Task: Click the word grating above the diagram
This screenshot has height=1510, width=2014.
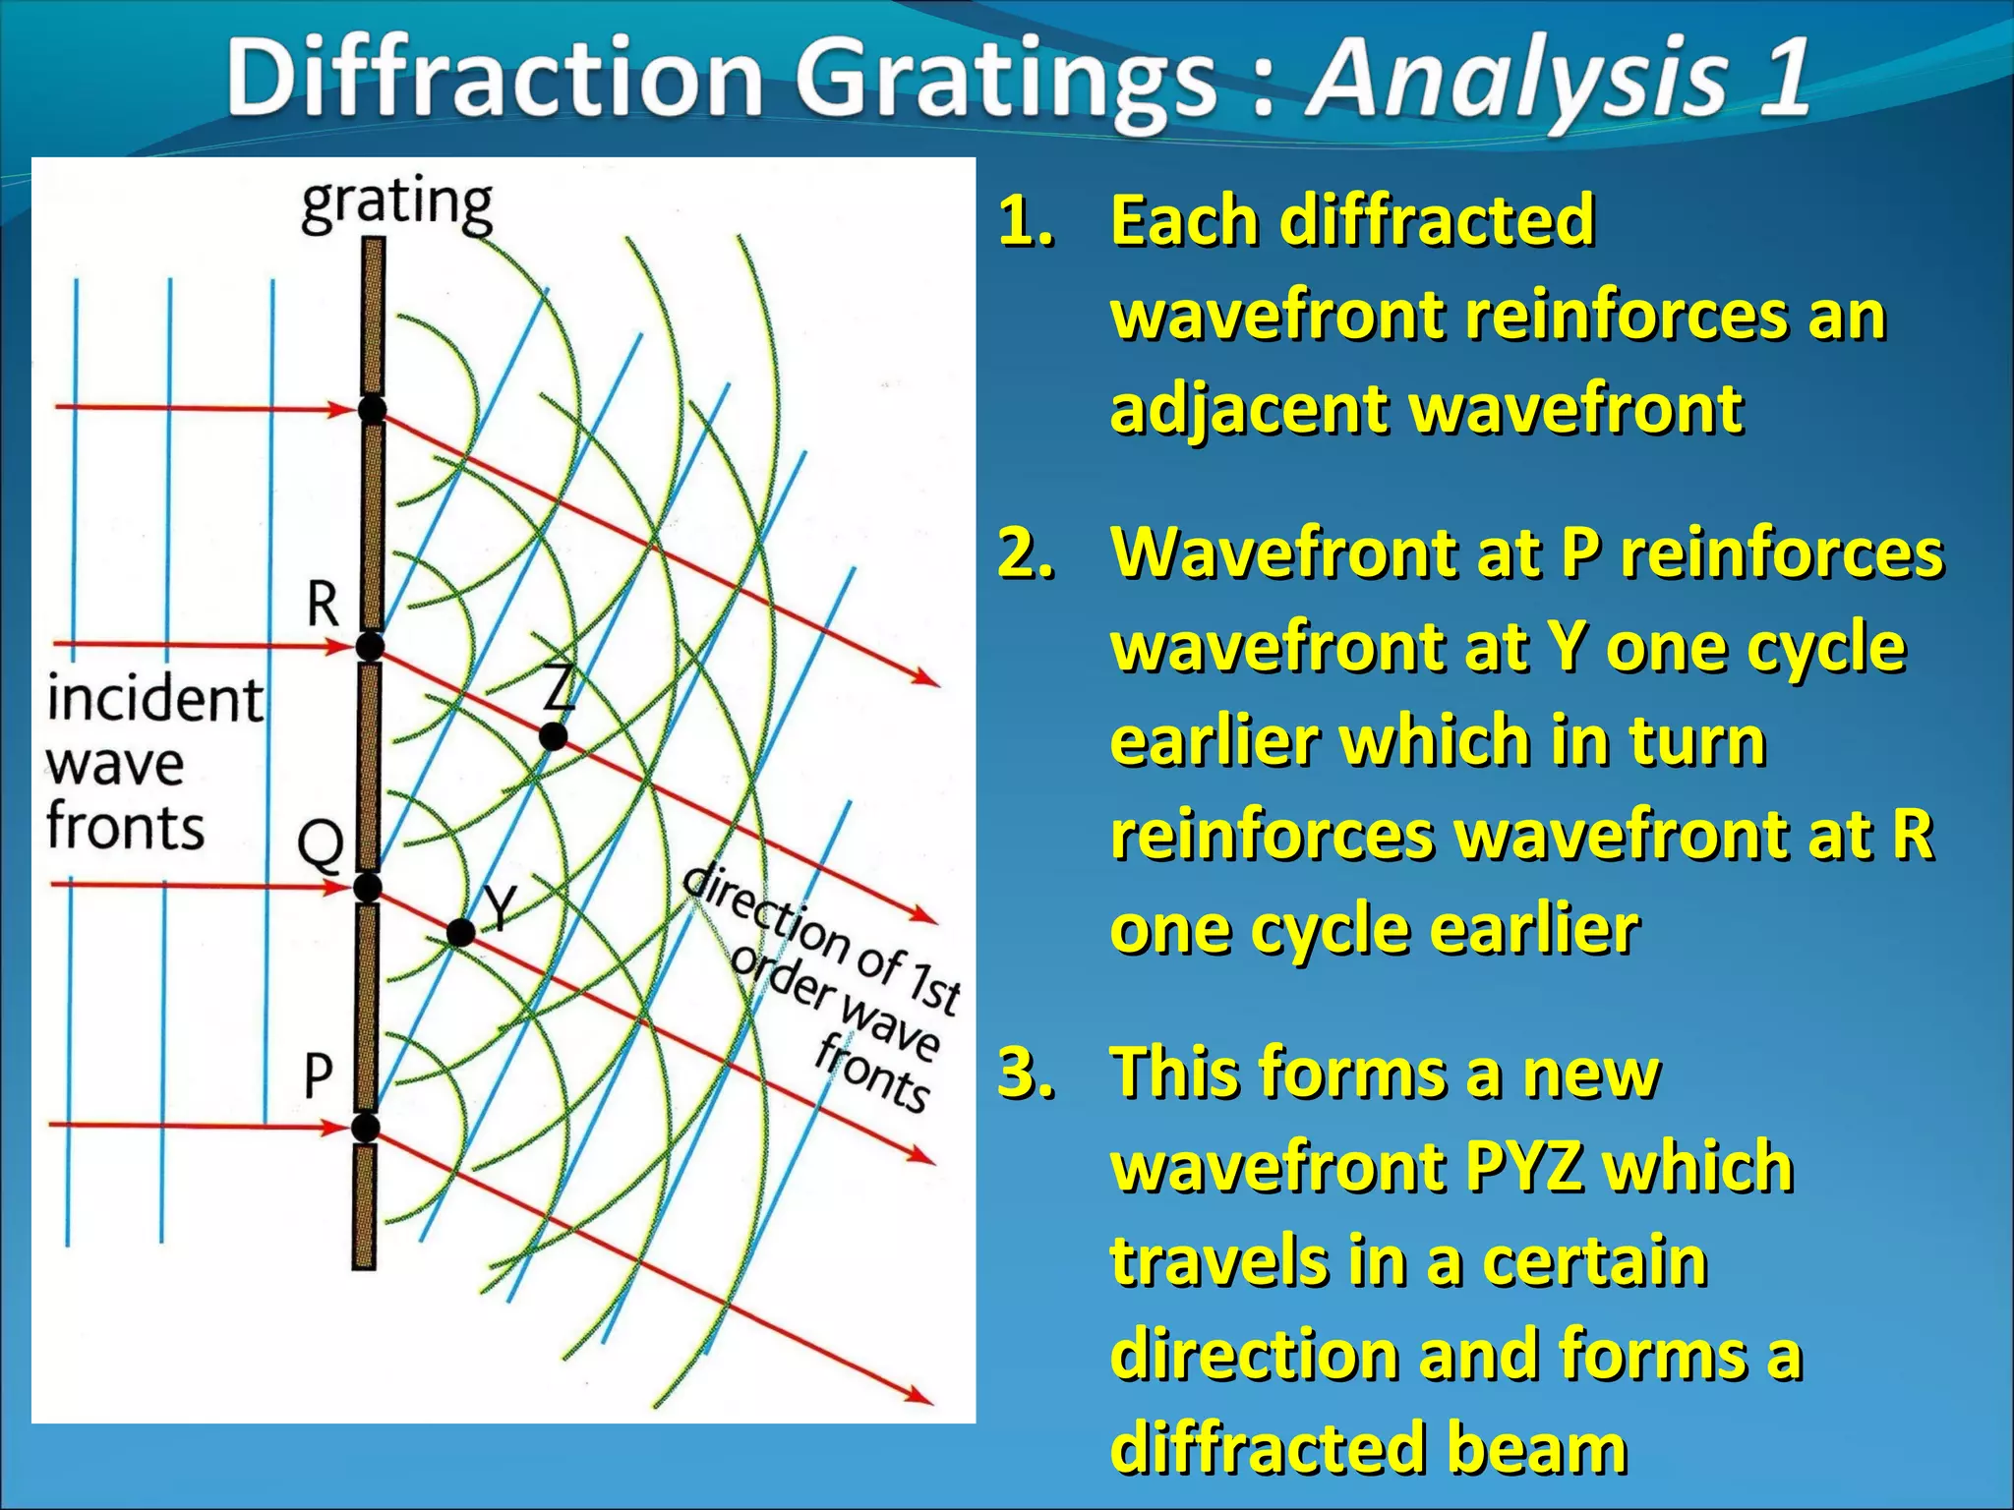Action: [x=396, y=204]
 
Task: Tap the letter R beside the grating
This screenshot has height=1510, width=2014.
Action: [x=323, y=603]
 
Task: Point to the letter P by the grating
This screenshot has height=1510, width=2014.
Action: [x=318, y=1075]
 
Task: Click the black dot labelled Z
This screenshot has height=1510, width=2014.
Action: [x=554, y=735]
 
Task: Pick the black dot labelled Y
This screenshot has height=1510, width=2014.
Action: [x=460, y=932]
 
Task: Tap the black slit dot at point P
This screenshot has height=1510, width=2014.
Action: [x=366, y=1127]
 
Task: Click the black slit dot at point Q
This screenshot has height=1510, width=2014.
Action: [x=368, y=888]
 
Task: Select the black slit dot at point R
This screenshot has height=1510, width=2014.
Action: [x=370, y=647]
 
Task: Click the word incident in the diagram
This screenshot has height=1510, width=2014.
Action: [x=155, y=700]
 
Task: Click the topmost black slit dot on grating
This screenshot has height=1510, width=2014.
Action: [x=372, y=409]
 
